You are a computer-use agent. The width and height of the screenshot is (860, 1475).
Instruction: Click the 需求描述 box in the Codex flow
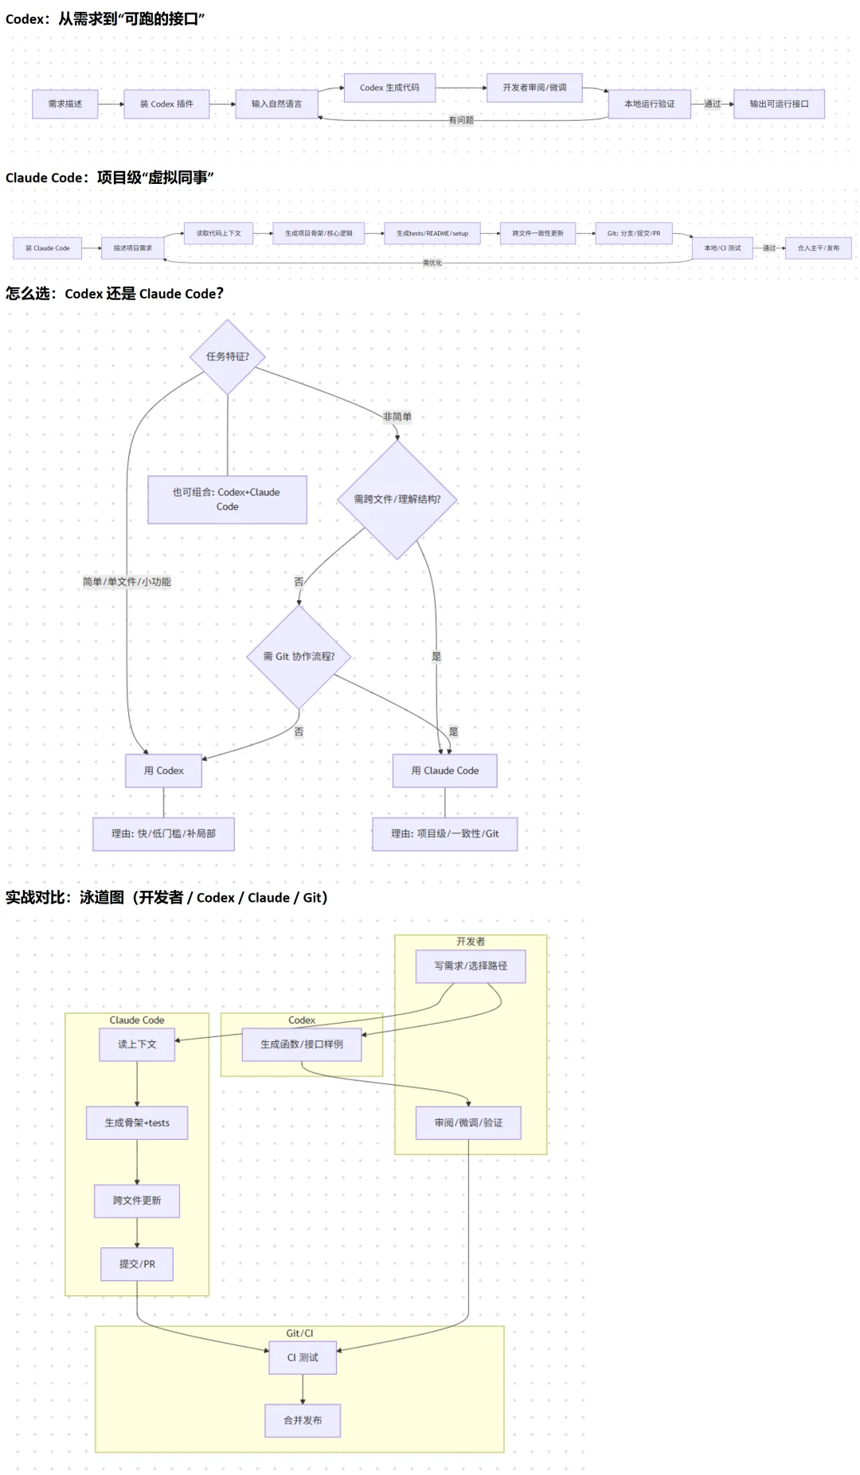[64, 104]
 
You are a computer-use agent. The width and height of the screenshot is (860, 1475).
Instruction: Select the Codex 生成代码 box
[389, 88]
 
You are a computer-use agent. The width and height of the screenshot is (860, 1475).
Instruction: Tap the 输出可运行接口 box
[779, 104]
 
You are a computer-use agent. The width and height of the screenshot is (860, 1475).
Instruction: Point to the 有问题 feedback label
[461, 120]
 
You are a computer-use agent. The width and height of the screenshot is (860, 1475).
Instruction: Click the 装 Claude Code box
[47, 248]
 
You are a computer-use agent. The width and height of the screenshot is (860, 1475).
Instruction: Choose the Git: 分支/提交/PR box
[634, 233]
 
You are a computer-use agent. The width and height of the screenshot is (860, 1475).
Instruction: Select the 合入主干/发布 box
[819, 248]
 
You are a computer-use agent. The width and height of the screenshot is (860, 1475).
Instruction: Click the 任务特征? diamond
[228, 357]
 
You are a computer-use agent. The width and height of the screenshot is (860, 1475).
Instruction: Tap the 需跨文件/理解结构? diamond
[397, 499]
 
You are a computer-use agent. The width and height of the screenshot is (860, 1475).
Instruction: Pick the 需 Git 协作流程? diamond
[299, 657]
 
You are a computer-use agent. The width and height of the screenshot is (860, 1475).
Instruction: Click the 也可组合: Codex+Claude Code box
[227, 499]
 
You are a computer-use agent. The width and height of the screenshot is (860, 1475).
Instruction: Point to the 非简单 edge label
[397, 416]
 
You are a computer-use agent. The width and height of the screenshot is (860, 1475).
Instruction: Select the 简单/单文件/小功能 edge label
[127, 582]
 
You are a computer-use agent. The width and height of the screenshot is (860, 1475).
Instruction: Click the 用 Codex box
[163, 771]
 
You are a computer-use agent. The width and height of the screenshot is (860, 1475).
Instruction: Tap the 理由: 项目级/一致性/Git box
[444, 833]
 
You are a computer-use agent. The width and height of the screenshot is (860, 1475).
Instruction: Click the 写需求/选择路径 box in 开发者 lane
[471, 966]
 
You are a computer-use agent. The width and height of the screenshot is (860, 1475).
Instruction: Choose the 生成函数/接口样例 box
[302, 1044]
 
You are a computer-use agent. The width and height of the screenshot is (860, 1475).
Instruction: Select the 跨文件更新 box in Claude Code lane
[137, 1200]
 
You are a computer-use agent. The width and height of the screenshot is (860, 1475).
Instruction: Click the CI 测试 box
[303, 1358]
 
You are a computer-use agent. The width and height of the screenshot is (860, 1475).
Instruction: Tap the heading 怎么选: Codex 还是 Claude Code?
[115, 294]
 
